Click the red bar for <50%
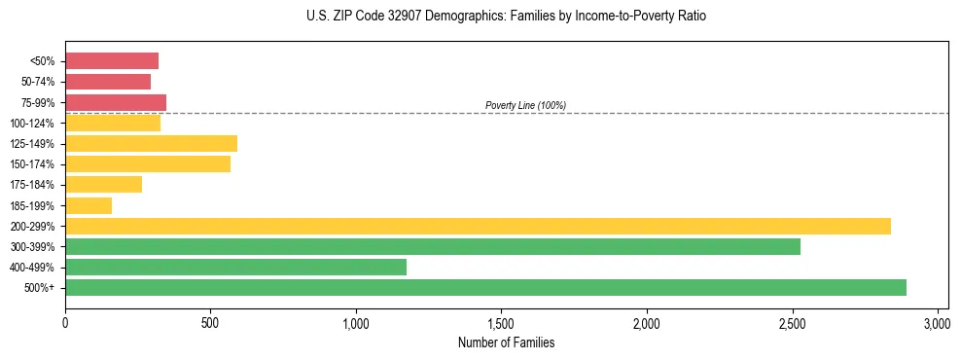(112, 61)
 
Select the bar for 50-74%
(108, 82)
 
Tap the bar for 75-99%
(116, 102)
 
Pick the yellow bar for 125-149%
(151, 144)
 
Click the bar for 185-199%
(89, 205)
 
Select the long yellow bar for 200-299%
(478, 226)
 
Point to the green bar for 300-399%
(433, 246)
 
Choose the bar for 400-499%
(235, 267)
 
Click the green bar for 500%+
(485, 287)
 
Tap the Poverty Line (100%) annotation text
(525, 105)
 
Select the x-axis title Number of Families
(506, 342)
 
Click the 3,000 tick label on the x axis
(937, 322)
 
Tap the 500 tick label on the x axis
(210, 322)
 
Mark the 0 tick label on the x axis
(65, 322)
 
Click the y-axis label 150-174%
(32, 164)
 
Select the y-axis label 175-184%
(32, 185)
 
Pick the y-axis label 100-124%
(32, 124)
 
